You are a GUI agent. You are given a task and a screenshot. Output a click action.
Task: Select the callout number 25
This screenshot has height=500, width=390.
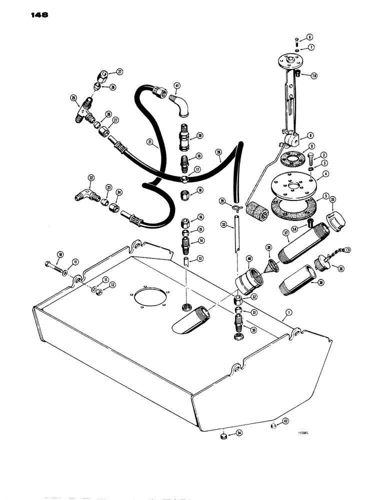(73, 97)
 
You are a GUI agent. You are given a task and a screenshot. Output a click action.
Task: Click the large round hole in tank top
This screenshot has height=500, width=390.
(147, 300)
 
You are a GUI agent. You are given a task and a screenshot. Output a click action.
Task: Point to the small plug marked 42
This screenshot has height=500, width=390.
(273, 426)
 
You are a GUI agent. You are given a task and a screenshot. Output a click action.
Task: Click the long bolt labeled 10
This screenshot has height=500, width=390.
(55, 264)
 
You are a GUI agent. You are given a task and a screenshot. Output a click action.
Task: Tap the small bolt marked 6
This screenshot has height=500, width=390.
(296, 40)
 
